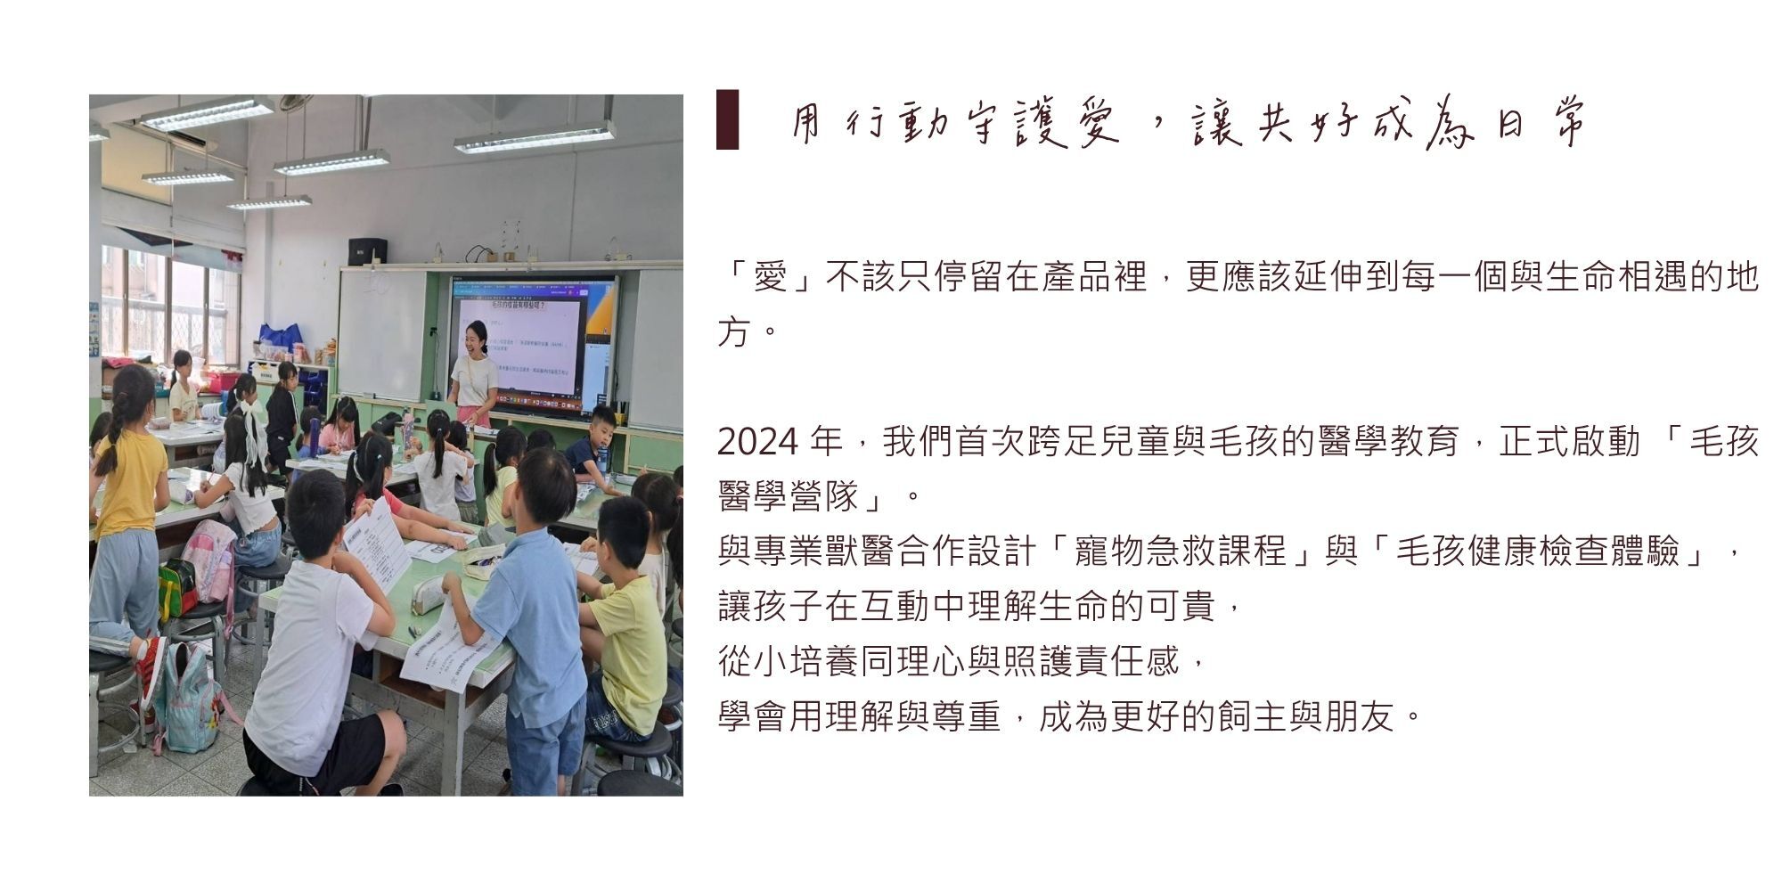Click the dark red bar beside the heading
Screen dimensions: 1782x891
coord(727,119)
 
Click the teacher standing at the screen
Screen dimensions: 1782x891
coord(473,372)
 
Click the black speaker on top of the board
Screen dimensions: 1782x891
coord(367,251)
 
